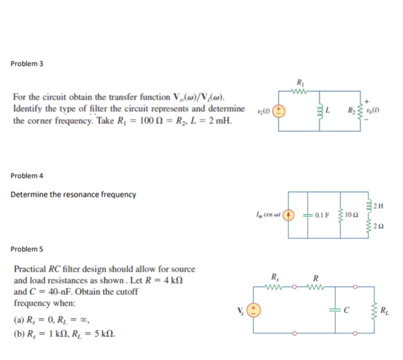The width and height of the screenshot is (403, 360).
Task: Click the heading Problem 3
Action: point(27,64)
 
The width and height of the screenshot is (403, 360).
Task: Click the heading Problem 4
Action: point(27,176)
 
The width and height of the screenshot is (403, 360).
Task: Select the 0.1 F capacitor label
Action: point(321,214)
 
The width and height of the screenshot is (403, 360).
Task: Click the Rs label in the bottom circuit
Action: point(274,277)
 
